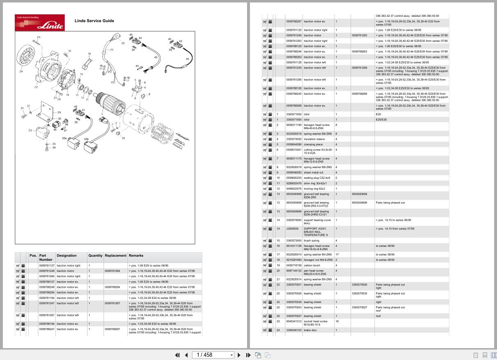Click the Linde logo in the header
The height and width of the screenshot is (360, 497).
[40, 23]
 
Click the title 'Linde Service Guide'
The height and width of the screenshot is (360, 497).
[94, 21]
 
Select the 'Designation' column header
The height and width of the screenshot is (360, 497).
[66, 255]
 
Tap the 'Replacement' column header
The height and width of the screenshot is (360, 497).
[115, 255]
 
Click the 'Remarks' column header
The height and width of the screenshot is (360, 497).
[136, 255]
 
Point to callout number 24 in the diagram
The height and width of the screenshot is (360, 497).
[21, 72]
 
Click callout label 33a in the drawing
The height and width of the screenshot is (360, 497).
[64, 138]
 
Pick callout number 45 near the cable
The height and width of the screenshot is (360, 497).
[188, 59]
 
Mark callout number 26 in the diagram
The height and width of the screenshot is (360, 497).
[123, 43]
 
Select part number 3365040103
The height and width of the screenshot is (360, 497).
[293, 330]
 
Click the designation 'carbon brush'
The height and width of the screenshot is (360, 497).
[312, 265]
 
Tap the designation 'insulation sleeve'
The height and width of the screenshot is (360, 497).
[314, 139]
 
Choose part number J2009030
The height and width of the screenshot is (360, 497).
[292, 229]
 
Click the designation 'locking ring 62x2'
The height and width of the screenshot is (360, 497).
[314, 189]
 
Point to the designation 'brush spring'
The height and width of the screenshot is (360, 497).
[311, 241]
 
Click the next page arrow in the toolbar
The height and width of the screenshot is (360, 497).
[239, 355]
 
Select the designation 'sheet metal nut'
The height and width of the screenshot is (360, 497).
[313, 173]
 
